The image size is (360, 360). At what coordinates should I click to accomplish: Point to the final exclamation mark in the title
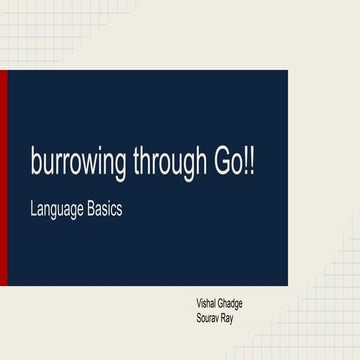[x=251, y=165]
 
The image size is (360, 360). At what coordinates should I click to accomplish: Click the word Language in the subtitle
[x=59, y=213]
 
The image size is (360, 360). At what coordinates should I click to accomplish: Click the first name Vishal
[x=210, y=302]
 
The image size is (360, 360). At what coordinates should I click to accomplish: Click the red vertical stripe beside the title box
[x=4, y=178]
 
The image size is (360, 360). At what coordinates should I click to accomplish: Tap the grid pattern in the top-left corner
[x=25, y=25]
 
